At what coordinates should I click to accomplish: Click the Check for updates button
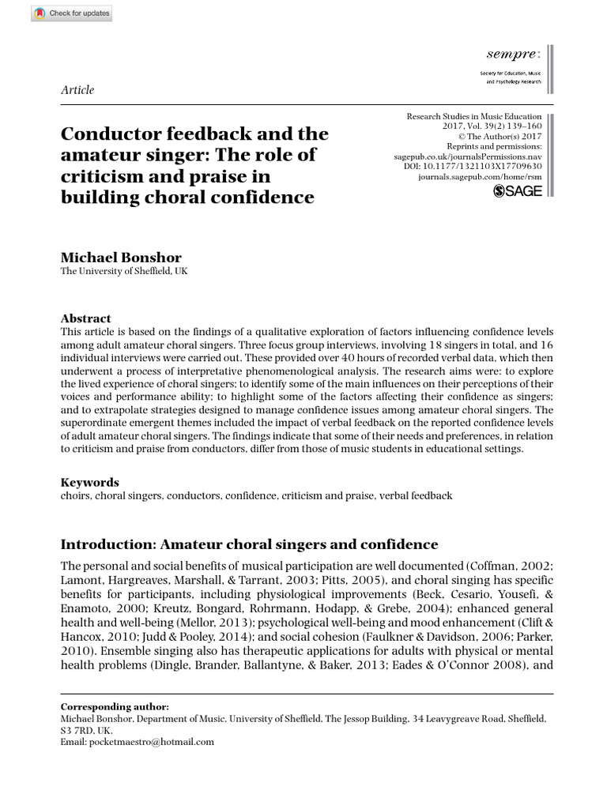pos(72,13)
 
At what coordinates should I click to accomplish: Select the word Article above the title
pos(77,90)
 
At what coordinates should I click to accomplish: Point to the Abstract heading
pos(86,318)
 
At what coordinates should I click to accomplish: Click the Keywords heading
pos(90,482)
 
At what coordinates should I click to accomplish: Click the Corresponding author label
pos(115,706)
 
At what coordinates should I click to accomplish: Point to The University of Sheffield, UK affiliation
pos(124,272)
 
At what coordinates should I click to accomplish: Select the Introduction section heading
pos(249,544)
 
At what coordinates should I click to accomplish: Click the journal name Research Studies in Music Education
pos(474,115)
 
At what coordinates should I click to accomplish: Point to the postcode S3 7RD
pos(79,731)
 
